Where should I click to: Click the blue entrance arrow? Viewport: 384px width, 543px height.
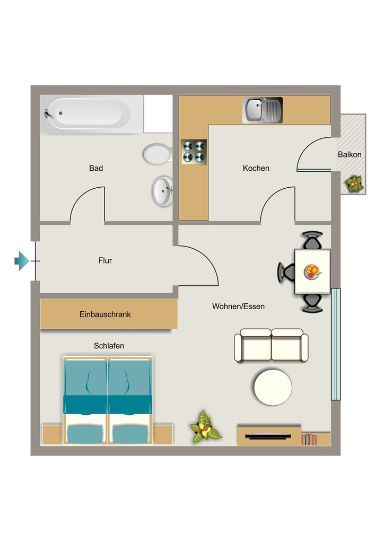pos(21,261)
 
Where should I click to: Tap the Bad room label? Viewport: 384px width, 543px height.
pos(96,168)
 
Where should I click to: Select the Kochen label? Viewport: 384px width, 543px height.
pos(256,168)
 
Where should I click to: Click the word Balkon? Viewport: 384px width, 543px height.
pos(350,155)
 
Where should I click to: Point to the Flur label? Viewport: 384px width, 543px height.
pos(105,260)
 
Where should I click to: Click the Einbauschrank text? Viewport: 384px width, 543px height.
pos(105,314)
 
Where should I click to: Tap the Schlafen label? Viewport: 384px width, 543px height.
pos(109,346)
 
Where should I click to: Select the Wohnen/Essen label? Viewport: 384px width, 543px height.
pos(238,306)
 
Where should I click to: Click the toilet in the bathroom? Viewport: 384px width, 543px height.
pos(158,154)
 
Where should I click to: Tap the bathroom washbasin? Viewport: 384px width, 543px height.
pos(163,191)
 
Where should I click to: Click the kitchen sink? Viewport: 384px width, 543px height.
pos(263,110)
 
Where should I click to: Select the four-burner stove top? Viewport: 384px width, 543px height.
pos(194,152)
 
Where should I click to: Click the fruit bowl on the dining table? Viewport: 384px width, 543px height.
pos(312,271)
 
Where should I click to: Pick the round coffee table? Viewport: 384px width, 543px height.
pos(273,387)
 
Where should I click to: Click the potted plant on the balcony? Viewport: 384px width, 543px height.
pos(354,183)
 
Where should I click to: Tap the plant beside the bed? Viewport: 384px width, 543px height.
pos(204,427)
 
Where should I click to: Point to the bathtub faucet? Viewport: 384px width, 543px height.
pos(48,113)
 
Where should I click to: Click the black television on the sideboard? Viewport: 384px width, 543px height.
pos(268,436)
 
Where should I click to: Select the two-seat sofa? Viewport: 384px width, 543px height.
pos(271,345)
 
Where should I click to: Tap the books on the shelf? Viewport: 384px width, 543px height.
pos(309,439)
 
